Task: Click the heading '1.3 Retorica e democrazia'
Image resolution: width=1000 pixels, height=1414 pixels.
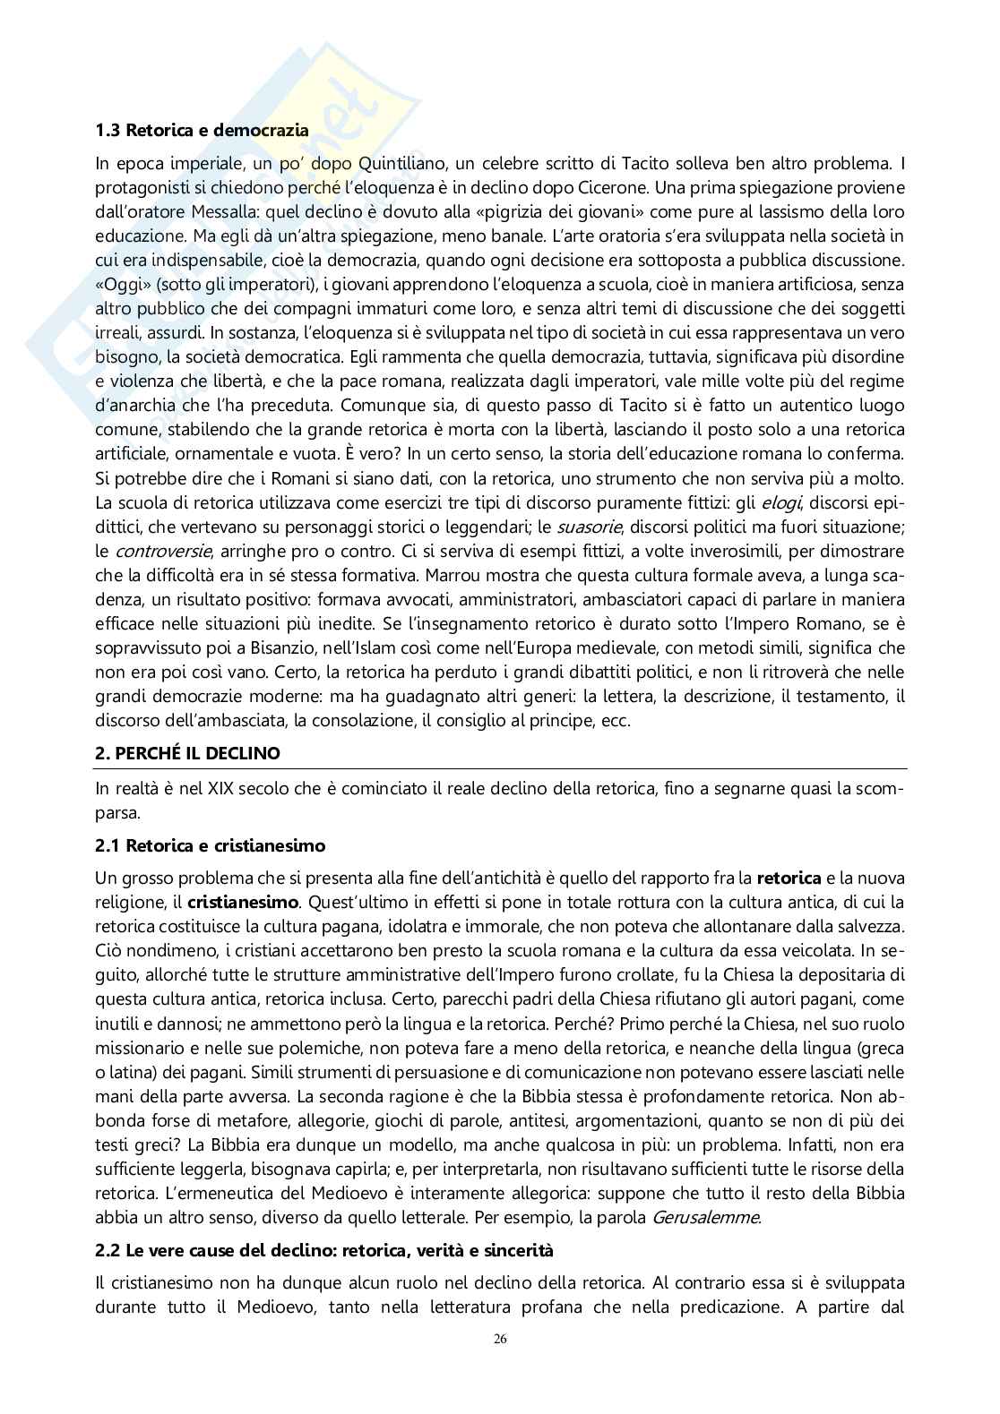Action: [x=202, y=130]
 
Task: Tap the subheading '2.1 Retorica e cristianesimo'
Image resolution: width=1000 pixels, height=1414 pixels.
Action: [x=211, y=845]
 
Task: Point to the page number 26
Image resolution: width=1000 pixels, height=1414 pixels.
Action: [x=500, y=1364]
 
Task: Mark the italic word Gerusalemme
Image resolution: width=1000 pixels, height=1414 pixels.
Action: [x=706, y=1217]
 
